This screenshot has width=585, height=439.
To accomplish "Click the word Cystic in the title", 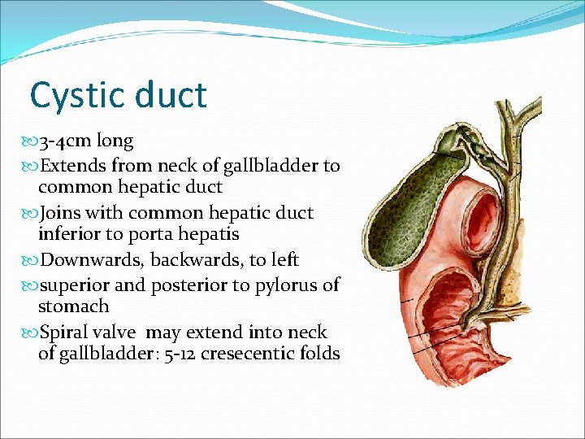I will click(x=75, y=97).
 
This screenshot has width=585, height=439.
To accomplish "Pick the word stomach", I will click(x=73, y=307).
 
